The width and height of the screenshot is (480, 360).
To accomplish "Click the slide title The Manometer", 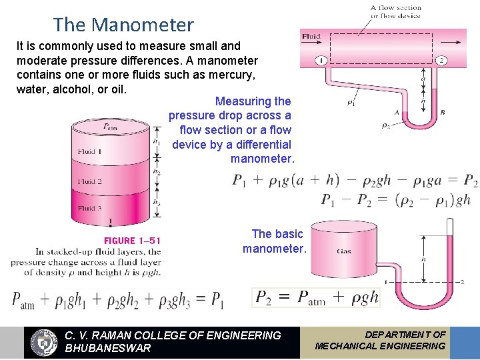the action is [123, 25].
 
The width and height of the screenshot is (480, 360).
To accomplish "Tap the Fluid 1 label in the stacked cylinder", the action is [90, 152].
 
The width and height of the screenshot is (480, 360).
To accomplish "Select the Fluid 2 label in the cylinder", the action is [90, 181].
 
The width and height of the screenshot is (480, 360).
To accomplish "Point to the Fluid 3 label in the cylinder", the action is [90, 209].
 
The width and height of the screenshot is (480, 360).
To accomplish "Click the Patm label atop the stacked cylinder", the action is [110, 127].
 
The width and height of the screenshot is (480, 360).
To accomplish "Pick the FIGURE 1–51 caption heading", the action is [132, 241].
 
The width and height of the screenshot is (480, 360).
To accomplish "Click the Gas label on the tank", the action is [344, 251].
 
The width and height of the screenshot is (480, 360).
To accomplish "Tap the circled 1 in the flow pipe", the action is [321, 61].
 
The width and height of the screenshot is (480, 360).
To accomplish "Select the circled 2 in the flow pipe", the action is [441, 61].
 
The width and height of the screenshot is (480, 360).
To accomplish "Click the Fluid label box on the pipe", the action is [311, 36].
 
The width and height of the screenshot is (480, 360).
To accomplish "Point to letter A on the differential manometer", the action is [397, 113].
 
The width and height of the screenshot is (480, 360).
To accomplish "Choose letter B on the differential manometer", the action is [443, 113].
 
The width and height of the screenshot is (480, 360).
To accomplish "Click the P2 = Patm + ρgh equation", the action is [317, 297].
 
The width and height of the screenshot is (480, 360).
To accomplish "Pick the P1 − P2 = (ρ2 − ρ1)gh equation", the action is [395, 199].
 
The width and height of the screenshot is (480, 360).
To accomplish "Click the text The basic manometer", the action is [274, 241].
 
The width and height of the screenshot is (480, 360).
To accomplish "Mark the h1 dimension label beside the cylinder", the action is [156, 141].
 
